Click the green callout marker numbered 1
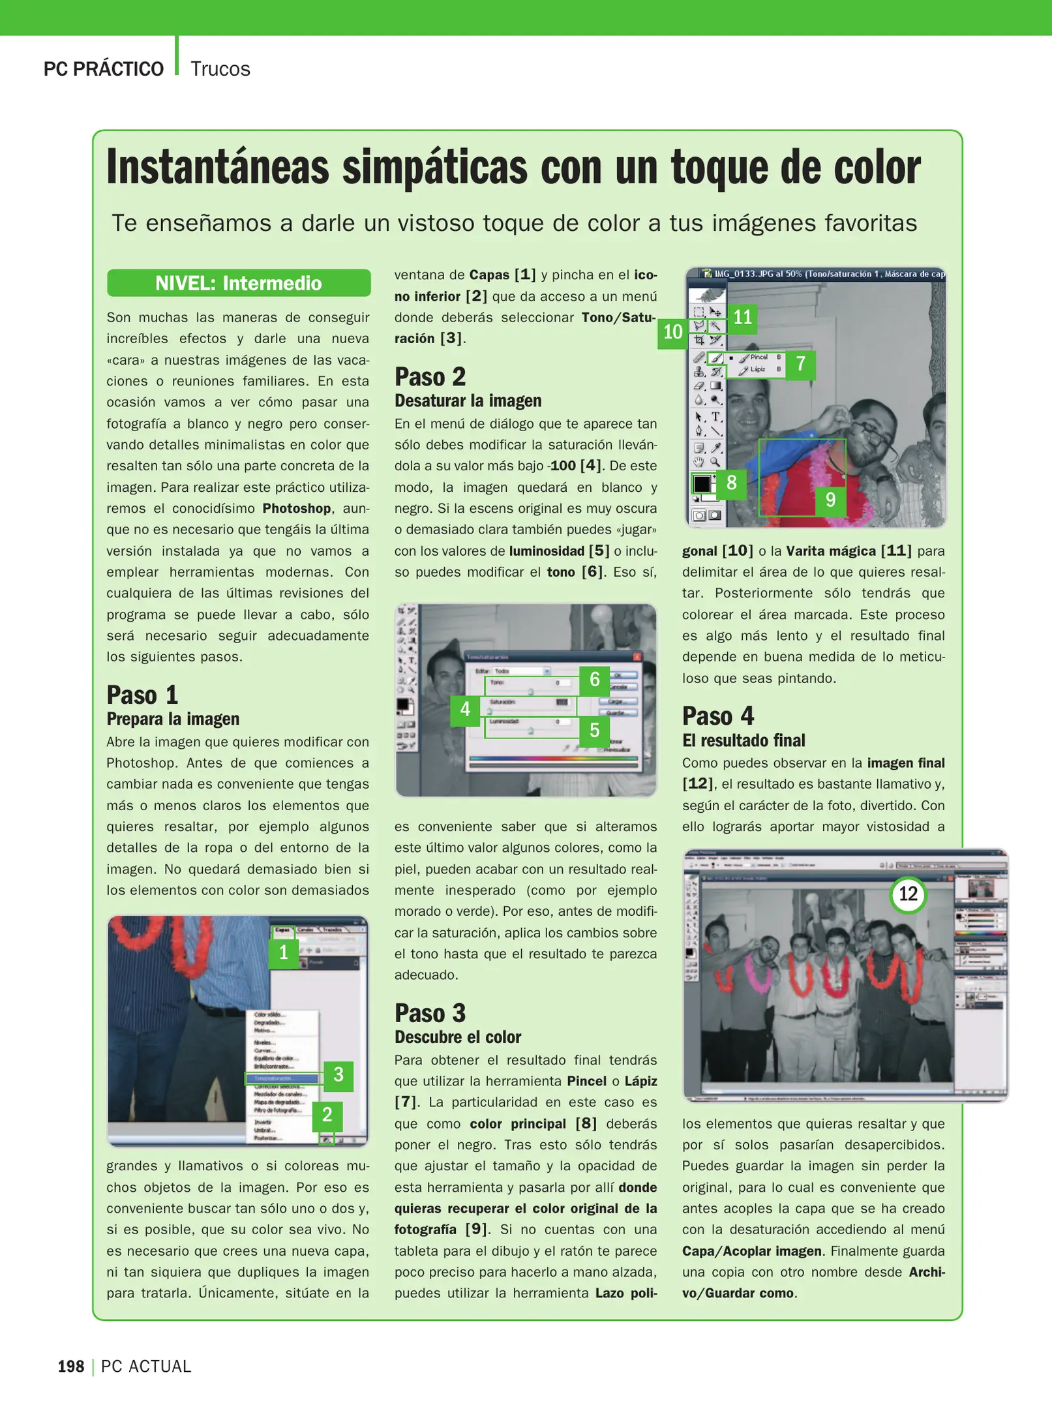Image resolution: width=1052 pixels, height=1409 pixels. (x=284, y=952)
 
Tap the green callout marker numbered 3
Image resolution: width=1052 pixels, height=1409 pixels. (x=338, y=1074)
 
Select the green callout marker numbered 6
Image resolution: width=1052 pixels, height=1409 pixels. (x=594, y=680)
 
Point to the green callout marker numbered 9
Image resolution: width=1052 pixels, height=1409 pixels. (x=830, y=500)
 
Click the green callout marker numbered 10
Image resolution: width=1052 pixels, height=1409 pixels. (x=672, y=332)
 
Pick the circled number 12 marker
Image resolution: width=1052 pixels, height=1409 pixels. (x=908, y=894)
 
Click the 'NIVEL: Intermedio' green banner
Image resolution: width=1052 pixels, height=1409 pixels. (x=239, y=283)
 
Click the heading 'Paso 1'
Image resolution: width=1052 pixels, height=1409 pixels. (x=142, y=695)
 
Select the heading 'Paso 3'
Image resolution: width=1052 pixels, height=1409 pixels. (x=430, y=1013)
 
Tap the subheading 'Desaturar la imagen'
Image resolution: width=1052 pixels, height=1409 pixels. (x=468, y=401)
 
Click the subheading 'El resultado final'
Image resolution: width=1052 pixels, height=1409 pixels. (x=743, y=740)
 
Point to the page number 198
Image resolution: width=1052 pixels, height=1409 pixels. (x=71, y=1367)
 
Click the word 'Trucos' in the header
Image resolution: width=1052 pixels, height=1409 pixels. (x=220, y=69)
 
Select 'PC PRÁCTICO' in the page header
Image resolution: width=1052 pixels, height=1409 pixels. (x=103, y=69)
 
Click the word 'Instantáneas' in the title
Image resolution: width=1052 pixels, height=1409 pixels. (x=218, y=168)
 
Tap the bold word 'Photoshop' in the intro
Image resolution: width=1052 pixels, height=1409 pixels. (x=297, y=508)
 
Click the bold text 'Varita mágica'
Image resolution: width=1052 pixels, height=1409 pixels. (x=830, y=551)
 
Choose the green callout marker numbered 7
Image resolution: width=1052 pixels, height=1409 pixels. (x=800, y=363)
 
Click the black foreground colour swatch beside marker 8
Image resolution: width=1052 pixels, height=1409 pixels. (x=702, y=484)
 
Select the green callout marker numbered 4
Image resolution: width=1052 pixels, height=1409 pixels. (x=465, y=709)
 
